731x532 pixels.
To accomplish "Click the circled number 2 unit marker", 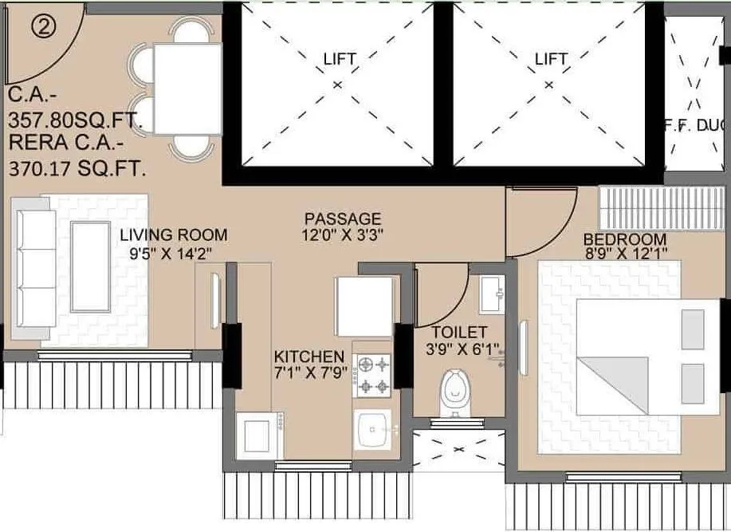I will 45,26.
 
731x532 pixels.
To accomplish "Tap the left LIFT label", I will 340,59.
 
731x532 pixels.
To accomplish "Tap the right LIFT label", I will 551,59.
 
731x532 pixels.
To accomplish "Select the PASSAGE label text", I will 342,219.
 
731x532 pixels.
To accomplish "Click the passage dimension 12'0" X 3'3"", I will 342,236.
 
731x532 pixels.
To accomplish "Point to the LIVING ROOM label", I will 174,235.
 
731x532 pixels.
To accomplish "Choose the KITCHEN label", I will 309,356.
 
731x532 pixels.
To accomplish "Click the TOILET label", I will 460,332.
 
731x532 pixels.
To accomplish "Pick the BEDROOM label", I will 625,239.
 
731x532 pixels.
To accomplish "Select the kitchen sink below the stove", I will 373,431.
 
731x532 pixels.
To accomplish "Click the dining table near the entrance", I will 187,89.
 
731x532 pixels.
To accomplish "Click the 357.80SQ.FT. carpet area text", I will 75,121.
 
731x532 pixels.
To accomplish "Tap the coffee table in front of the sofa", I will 90,266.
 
